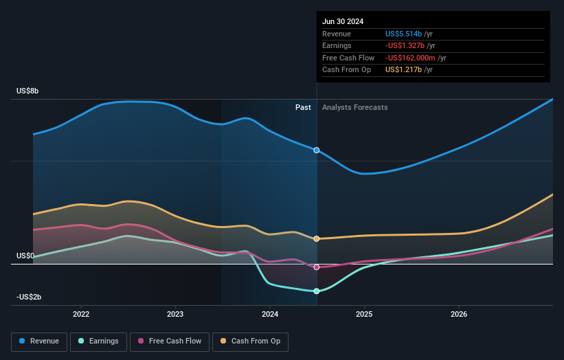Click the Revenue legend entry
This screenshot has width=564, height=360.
tap(39, 341)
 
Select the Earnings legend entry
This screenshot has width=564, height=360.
tap(99, 341)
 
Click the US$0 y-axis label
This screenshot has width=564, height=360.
tap(26, 256)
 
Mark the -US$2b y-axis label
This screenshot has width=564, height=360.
tap(30, 297)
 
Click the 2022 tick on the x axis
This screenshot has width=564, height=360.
tap(81, 314)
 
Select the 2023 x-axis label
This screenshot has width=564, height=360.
tap(175, 314)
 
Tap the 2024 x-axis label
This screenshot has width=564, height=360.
tap(270, 314)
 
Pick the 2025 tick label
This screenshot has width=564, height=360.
tap(364, 314)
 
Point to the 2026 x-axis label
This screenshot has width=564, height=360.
tap(459, 314)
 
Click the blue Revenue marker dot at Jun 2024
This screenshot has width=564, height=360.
tap(317, 150)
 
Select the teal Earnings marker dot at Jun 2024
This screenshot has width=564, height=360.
tap(317, 291)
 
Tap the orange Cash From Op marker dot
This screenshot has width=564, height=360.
tap(317, 238)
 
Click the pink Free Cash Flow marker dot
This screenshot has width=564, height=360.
tap(317, 267)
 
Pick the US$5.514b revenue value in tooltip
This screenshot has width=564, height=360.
tap(404, 34)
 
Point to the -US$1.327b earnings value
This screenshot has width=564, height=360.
tap(405, 46)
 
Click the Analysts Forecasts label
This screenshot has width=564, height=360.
tap(354, 107)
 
